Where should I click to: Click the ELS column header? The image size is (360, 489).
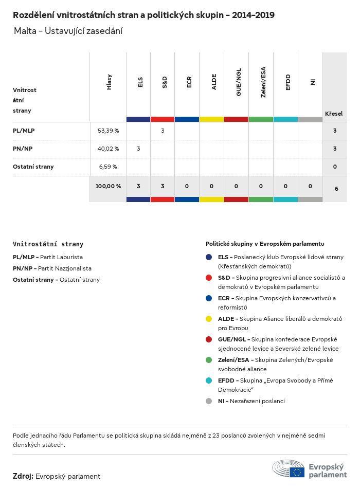[x=140, y=82]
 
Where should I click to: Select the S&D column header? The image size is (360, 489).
[x=165, y=82]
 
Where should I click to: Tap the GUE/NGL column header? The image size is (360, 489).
[x=239, y=82]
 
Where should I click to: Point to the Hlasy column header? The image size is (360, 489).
[x=109, y=82]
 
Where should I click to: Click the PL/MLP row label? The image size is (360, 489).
[x=24, y=131]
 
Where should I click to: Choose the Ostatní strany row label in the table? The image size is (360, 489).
[x=33, y=167]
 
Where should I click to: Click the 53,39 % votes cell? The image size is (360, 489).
[x=108, y=131]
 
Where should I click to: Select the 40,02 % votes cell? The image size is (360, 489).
[x=108, y=149]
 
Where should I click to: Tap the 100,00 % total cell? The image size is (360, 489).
[x=108, y=186]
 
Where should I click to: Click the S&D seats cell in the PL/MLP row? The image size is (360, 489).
[x=163, y=131]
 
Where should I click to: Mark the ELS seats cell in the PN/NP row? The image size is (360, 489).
[x=138, y=149]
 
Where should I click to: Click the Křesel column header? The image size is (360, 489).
[x=334, y=114]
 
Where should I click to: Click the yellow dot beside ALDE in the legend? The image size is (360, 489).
[x=209, y=319]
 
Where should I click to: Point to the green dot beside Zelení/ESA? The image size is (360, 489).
[x=209, y=360]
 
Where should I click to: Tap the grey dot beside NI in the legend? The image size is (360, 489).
[x=209, y=401]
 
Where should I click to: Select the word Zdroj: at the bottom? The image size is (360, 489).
[x=23, y=476]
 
